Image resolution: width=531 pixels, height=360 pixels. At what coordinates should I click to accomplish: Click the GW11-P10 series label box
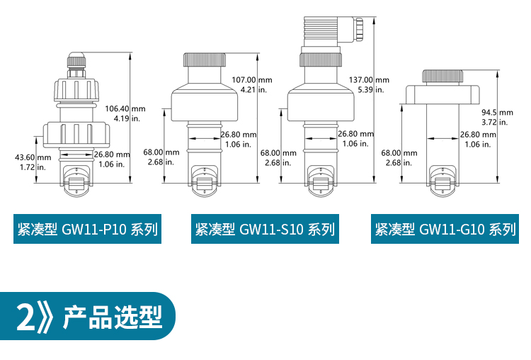click(x=86, y=229)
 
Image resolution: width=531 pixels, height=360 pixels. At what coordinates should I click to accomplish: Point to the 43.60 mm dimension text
click(x=33, y=157)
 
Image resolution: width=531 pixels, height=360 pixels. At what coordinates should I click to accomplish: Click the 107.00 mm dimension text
click(x=252, y=80)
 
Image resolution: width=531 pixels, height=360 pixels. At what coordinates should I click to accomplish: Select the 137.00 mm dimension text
click(x=369, y=80)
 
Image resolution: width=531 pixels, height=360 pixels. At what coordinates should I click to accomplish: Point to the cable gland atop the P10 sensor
click(x=76, y=62)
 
